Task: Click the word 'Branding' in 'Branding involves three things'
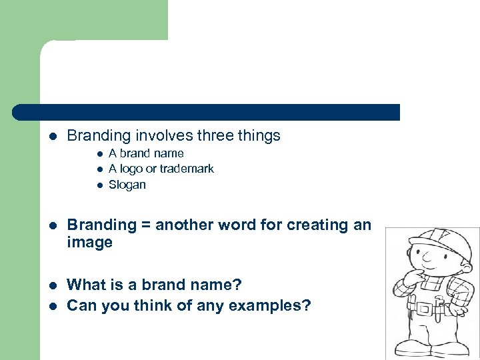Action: point(99,136)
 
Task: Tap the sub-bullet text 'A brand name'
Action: point(146,153)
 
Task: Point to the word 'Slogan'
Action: point(127,185)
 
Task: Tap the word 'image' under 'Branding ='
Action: point(90,243)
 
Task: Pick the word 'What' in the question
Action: point(87,285)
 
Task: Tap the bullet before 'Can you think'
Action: point(53,307)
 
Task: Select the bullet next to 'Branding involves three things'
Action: point(53,137)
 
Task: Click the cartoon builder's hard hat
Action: point(434,237)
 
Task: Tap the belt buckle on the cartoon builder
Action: point(423,307)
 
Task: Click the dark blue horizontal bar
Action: point(207,112)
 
